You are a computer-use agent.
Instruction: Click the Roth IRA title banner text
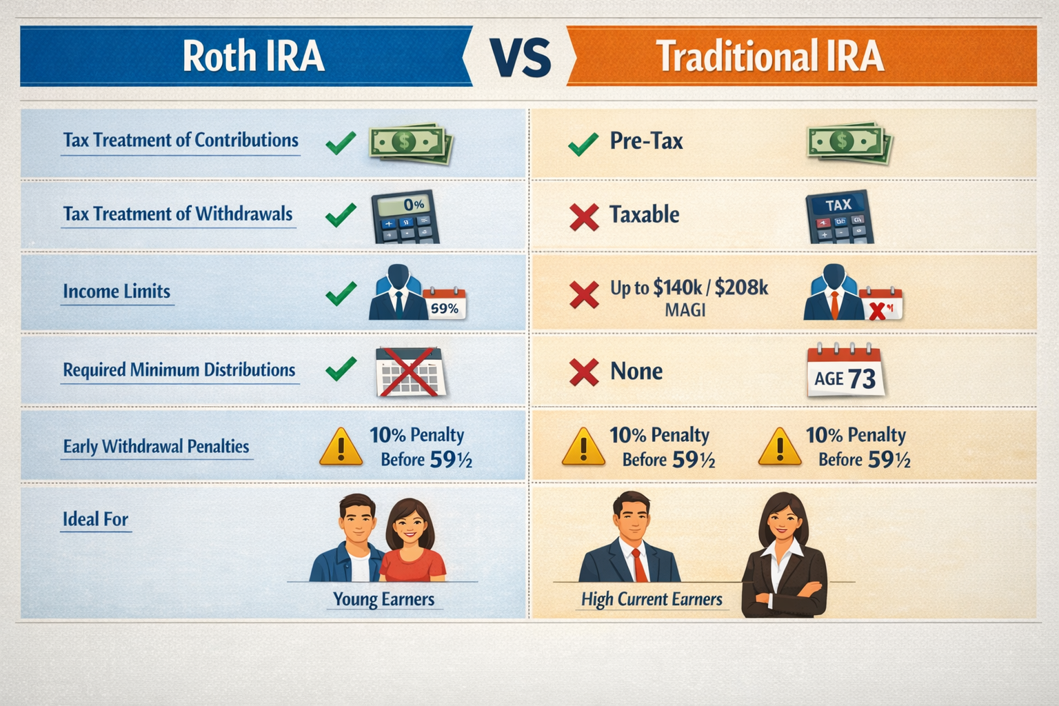coord(253,57)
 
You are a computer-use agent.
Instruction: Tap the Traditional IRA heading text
coord(769,57)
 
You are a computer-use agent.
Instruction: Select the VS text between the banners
coord(521,58)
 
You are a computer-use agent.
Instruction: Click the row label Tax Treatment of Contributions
coord(181,140)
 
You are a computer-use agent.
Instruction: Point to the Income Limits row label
coord(117,292)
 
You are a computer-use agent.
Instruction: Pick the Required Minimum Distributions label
coord(179,370)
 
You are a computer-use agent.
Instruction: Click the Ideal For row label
coord(95,519)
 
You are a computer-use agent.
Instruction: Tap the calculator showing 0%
coord(405,216)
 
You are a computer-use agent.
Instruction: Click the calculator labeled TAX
coord(839,217)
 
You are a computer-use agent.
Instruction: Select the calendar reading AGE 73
coord(845,372)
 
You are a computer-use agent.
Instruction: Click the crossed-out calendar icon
coord(410,372)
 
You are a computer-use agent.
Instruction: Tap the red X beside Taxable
coord(584,217)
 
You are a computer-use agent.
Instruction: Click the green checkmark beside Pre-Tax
coord(583,143)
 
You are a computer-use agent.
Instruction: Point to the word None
coord(636,372)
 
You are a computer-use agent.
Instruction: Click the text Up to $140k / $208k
coord(689,288)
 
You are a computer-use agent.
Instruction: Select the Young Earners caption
coord(383,599)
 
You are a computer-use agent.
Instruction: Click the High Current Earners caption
coord(652,599)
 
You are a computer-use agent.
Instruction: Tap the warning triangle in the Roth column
coord(341,447)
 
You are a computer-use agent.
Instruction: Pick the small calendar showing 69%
coord(445,304)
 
